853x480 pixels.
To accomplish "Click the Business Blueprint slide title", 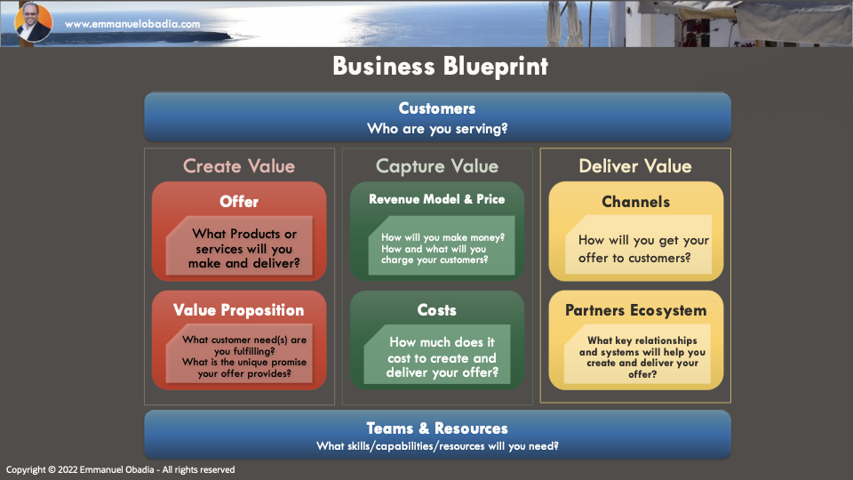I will [x=440, y=67].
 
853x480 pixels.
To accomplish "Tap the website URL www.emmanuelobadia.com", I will [x=132, y=24].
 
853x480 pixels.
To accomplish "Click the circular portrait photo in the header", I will [x=34, y=22].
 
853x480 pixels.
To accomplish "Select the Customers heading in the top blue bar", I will [x=437, y=108].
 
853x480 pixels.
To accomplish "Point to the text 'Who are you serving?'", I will [x=437, y=129].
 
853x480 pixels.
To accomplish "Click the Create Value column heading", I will [x=239, y=166].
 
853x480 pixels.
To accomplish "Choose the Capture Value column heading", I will [x=437, y=166].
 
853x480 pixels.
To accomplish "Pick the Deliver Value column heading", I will [x=635, y=166].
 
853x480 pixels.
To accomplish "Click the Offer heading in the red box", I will [x=239, y=202].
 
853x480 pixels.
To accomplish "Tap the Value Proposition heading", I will [x=239, y=310].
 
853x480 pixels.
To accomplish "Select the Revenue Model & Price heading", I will [x=437, y=199].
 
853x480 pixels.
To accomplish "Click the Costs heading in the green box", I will [x=437, y=310].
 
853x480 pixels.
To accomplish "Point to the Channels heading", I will [x=635, y=202].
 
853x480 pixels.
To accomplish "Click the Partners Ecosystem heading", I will [x=635, y=310].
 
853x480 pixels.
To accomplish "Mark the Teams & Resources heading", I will [x=437, y=428].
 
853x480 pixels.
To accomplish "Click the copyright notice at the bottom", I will [x=121, y=469].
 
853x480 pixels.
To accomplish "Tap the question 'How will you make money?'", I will [x=442, y=237].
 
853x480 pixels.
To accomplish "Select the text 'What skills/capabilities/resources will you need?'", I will [x=437, y=446].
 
